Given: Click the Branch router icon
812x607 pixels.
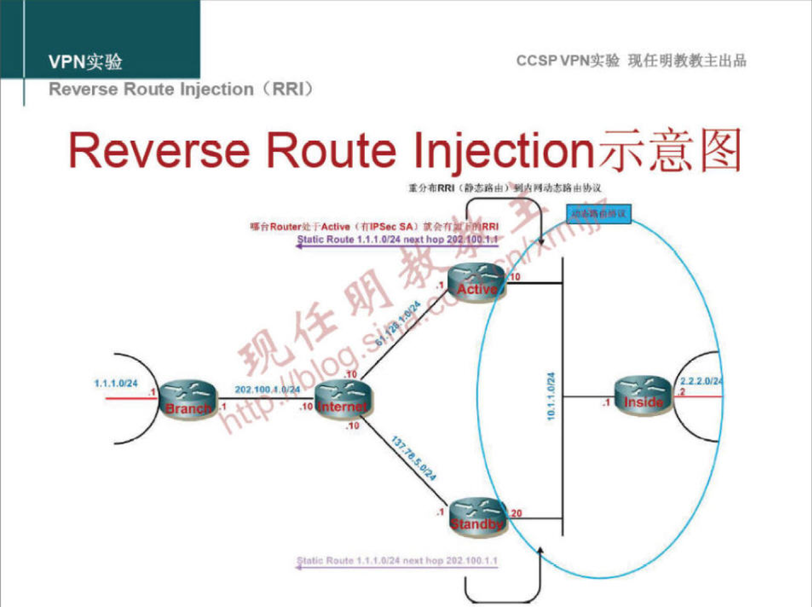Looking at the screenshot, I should (188, 399).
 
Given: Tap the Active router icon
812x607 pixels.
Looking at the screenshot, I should (476, 283).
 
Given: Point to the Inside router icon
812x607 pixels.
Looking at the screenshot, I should (643, 395).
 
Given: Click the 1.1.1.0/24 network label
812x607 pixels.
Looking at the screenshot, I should (116, 384).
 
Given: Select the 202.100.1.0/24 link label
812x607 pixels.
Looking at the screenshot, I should (267, 390).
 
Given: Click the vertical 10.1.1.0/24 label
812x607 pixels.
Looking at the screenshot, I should (550, 396).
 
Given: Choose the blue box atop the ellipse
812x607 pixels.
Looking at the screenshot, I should (599, 214).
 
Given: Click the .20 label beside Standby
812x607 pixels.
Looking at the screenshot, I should (515, 513).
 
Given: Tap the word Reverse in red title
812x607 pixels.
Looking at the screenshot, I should (159, 151).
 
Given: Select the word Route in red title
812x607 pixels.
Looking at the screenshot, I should (331, 151).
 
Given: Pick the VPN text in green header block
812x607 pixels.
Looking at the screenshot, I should (66, 61).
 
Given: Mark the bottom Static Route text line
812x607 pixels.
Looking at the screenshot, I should (397, 560).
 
